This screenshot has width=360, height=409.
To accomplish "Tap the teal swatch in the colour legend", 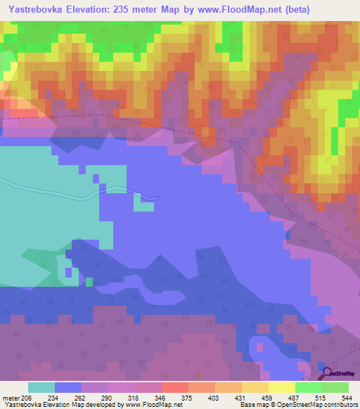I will (41, 387).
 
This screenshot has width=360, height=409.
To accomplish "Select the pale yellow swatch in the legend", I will (281, 387).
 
